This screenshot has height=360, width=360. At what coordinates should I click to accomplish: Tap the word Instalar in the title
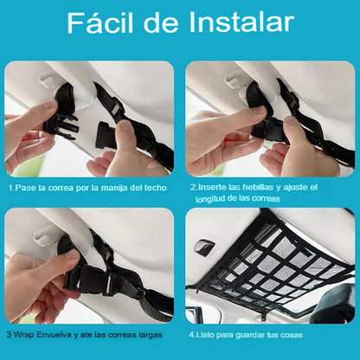241,22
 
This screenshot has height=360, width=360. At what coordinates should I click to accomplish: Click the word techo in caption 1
156,188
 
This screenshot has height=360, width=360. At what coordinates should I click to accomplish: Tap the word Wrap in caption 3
24,335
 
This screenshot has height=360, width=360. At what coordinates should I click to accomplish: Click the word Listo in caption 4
205,335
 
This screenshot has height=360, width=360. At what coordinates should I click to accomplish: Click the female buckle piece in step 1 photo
106,135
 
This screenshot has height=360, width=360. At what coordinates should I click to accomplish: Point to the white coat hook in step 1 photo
48,79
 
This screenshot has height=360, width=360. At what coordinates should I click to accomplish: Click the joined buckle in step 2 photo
270,130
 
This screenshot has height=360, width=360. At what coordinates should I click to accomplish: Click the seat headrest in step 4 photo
335,303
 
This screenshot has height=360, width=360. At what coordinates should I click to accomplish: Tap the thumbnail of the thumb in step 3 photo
71,254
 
